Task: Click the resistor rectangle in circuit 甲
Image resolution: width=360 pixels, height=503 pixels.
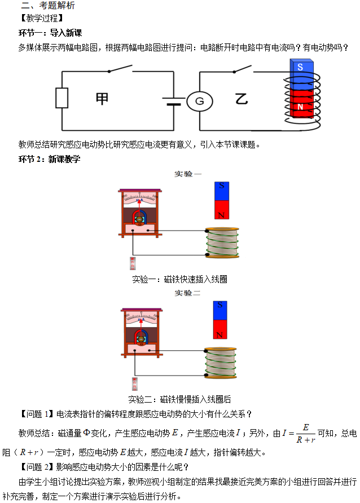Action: [x=62, y=98]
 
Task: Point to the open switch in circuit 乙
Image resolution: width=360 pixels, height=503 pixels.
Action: [x=240, y=69]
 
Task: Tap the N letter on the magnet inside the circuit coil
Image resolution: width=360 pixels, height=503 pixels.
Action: [x=300, y=107]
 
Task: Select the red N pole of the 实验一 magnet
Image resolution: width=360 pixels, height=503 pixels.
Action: [x=222, y=210]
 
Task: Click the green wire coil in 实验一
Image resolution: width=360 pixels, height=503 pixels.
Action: [x=222, y=242]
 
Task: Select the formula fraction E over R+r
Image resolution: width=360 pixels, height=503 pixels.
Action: [x=305, y=434]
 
